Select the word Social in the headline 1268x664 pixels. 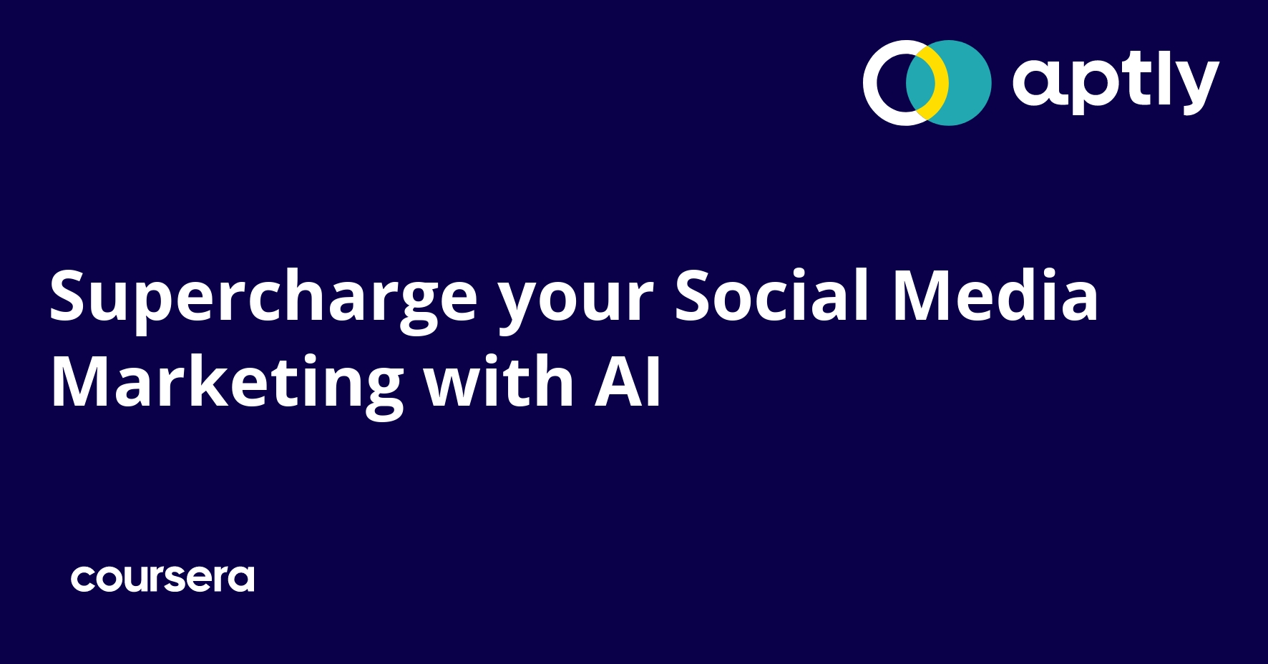click(772, 295)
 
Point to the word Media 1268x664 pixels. click(995, 295)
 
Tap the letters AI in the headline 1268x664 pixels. click(628, 382)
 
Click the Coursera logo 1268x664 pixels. click(162, 579)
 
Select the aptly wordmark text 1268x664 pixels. click(1116, 83)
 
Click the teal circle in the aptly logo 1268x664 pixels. click(962, 83)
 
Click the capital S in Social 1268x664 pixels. click(693, 296)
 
